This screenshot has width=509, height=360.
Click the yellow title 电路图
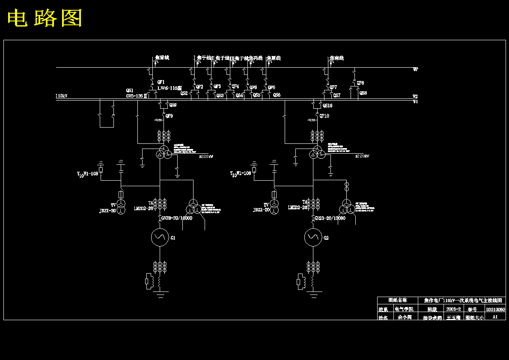pyautogui.click(x=45, y=18)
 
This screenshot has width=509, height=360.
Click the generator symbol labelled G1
pyautogui.click(x=160, y=237)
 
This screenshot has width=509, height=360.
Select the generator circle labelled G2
pyautogui.click(x=313, y=237)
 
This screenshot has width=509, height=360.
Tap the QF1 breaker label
pyautogui.click(x=161, y=82)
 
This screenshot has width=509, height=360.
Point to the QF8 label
pyautogui.click(x=360, y=83)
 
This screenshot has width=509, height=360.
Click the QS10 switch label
pyautogui.click(x=327, y=105)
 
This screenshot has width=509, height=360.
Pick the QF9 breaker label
pyautogui.click(x=169, y=116)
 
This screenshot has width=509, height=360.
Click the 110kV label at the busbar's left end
pyautogui.click(x=61, y=96)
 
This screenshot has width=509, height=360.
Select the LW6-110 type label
pyautogui.click(x=170, y=88)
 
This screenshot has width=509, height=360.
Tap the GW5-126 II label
pyautogui.click(x=137, y=96)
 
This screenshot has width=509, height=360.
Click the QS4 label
pyautogui.click(x=239, y=95)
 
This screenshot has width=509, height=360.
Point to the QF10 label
pyautogui.click(x=324, y=116)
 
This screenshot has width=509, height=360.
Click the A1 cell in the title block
pyautogui.click(x=495, y=317)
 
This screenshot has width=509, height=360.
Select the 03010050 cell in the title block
pyautogui.click(x=495, y=309)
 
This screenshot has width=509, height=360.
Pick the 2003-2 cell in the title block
pyautogui.click(x=453, y=309)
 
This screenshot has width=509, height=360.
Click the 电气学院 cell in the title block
pyautogui.click(x=404, y=309)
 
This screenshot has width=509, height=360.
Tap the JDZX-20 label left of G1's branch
pyautogui.click(x=107, y=211)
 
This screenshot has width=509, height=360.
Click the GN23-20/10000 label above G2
pyautogui.click(x=330, y=218)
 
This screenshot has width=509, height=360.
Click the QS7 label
pyautogui.click(x=337, y=95)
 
